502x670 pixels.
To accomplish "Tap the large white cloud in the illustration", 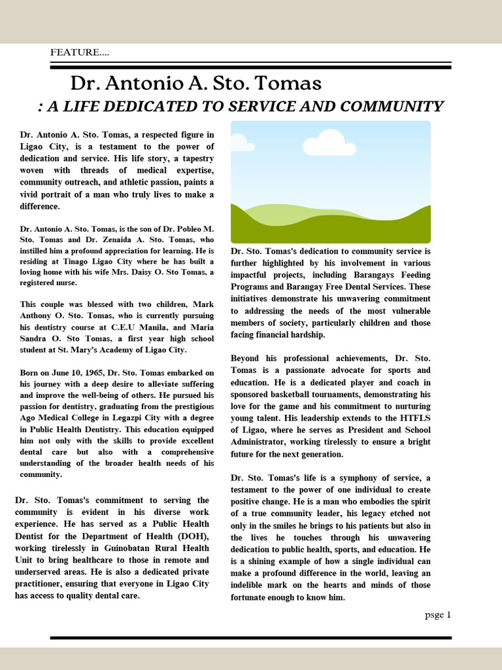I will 329,143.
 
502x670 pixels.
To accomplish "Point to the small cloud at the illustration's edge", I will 239,142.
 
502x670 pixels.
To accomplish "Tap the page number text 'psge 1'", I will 437,614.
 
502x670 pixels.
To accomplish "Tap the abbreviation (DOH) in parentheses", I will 193,536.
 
